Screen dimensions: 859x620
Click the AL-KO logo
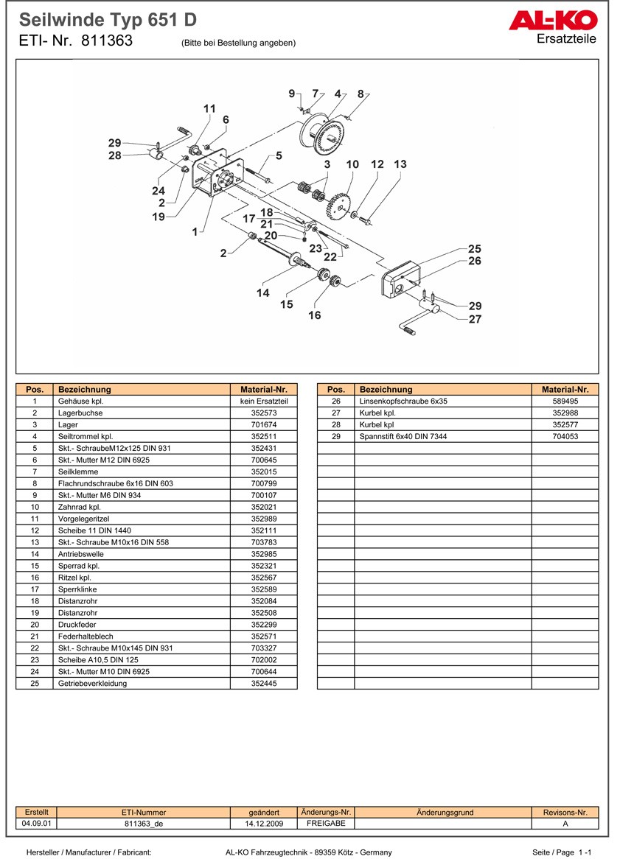click(552, 21)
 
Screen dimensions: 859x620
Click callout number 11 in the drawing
click(209, 109)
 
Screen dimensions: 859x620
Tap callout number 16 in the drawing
click(315, 315)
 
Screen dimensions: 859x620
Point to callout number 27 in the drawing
click(475, 319)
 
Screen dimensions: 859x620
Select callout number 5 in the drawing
click(279, 155)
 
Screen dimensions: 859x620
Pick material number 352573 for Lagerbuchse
click(263, 413)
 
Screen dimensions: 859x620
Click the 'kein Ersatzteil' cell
click(263, 402)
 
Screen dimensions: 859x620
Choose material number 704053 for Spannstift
click(565, 437)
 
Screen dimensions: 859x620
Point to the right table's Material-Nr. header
click(565, 389)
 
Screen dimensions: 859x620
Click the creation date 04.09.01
click(36, 824)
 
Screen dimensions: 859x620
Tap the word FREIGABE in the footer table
click(320, 824)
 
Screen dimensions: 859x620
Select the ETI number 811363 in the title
click(107, 41)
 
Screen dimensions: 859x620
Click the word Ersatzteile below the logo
click(566, 39)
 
